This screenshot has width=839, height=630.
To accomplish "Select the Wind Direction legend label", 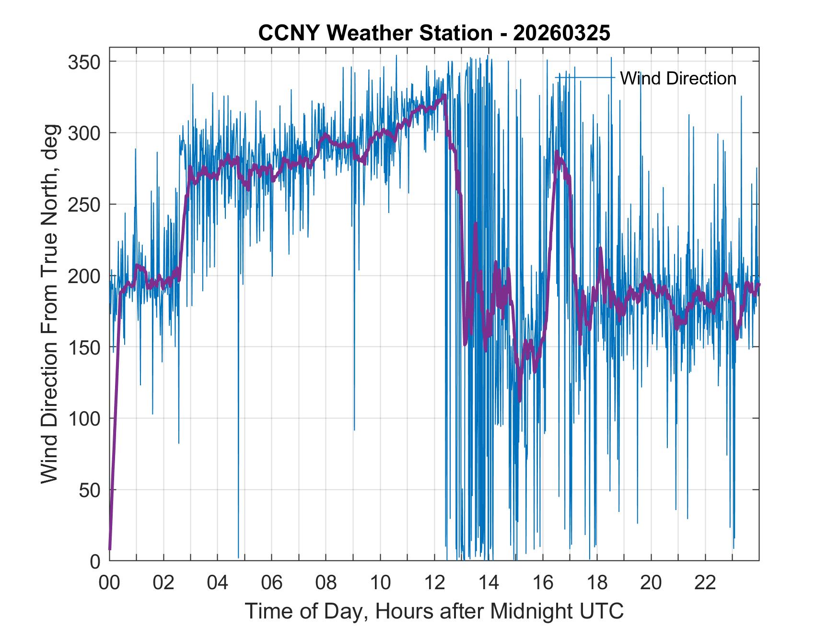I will coord(678,78).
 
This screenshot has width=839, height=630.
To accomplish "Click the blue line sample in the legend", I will coord(584,77).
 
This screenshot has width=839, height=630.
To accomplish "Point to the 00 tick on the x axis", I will coord(109,583).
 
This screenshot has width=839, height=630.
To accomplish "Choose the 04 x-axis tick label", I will coord(218,583).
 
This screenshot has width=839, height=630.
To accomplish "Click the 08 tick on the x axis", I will coord(326,583).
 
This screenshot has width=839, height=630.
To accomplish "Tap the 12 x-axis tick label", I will coord(434,583).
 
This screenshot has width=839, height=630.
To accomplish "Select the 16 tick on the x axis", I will coord(543,583).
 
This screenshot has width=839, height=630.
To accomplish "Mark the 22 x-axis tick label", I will coord(705,583).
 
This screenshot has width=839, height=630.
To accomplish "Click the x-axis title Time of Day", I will coord(434,611).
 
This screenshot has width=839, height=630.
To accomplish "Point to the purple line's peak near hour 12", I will coord(444,95).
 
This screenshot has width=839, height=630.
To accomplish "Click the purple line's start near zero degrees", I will coord(110,548).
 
